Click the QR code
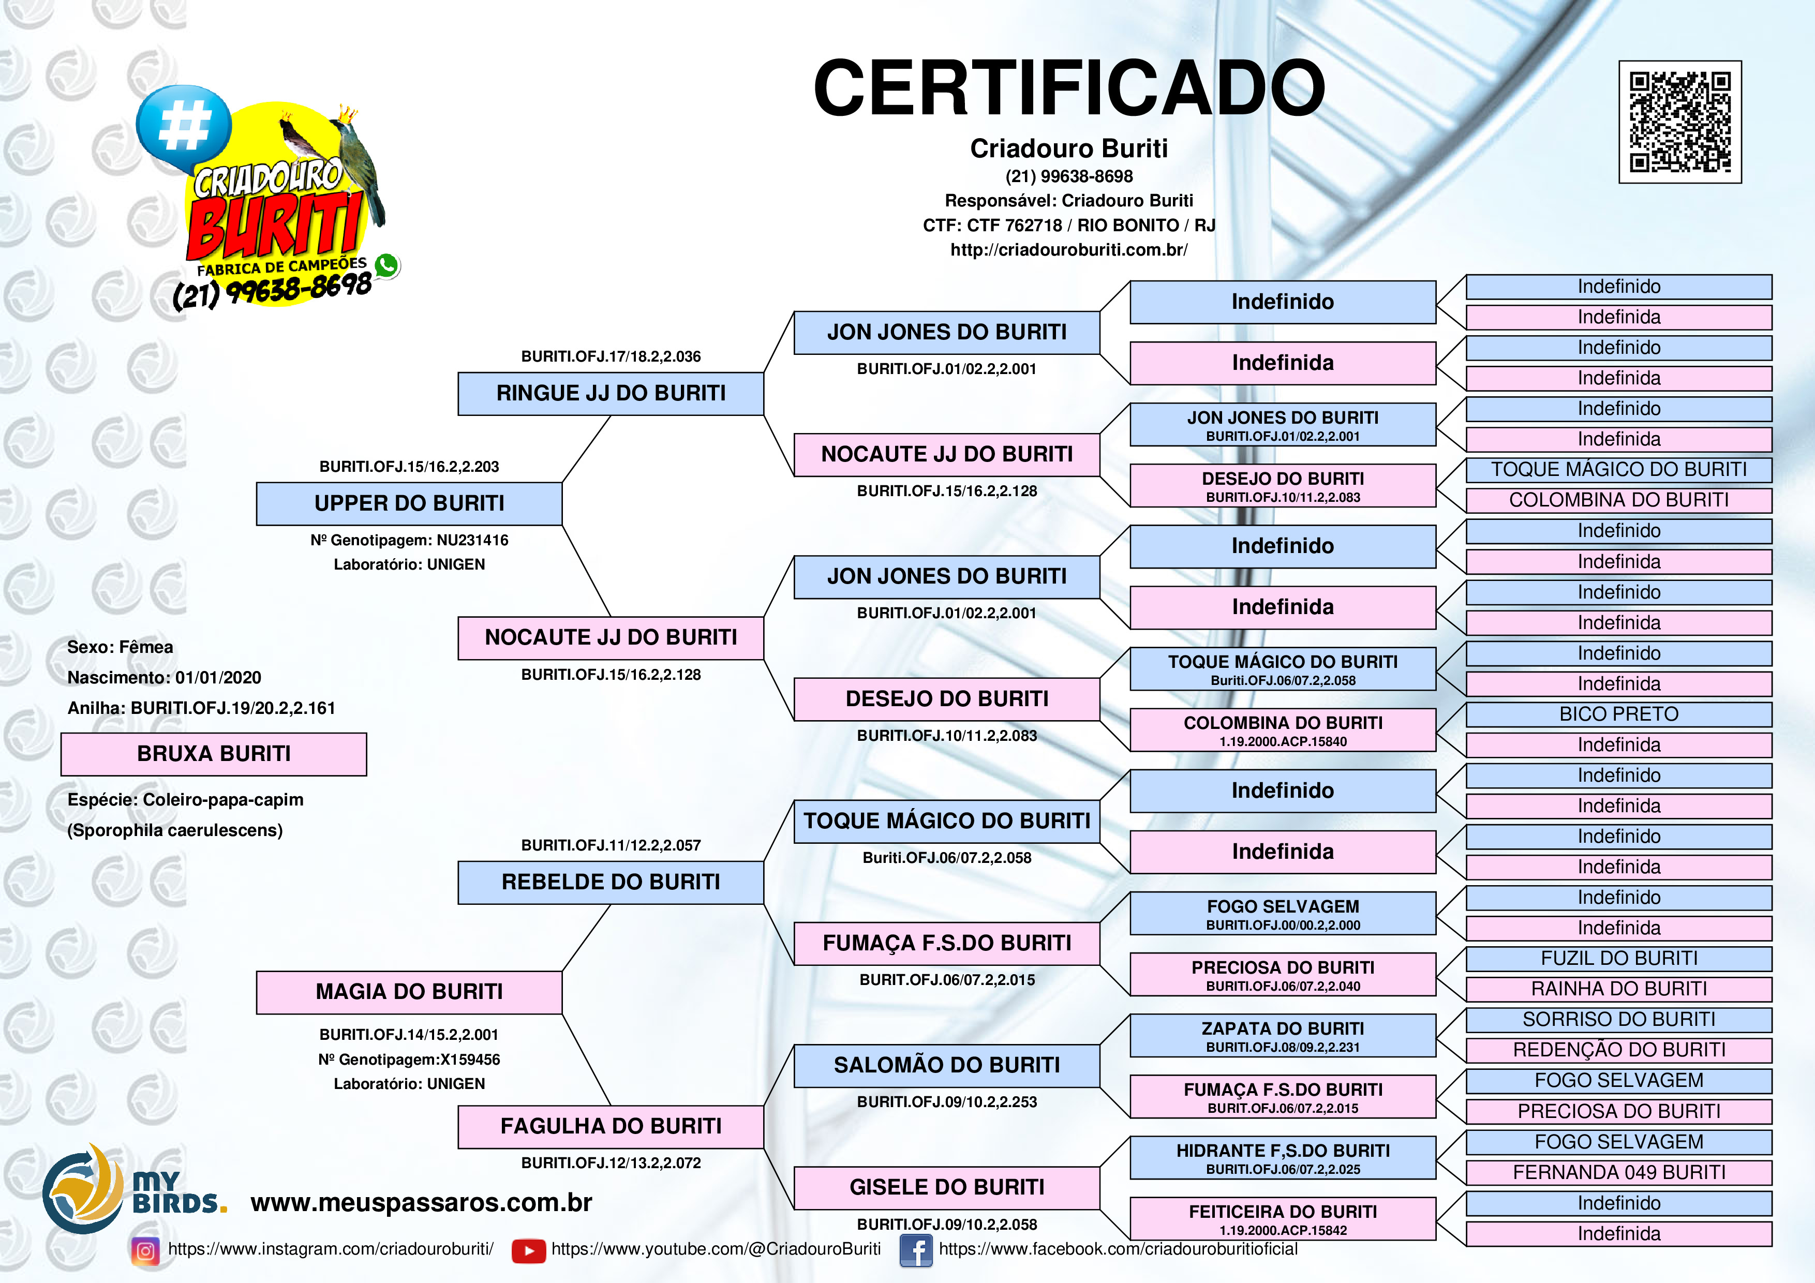point(1680,122)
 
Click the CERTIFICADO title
point(1069,88)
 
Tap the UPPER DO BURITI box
point(409,503)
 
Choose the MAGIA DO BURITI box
point(409,992)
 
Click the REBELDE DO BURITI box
point(611,882)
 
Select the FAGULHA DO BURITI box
point(611,1126)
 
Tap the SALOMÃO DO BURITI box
point(946,1066)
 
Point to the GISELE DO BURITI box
point(946,1187)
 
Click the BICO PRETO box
point(1618,714)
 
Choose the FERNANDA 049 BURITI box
point(1618,1172)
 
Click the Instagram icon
point(145,1250)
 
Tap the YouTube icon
point(528,1250)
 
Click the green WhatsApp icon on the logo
point(386,265)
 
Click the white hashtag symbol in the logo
point(184,126)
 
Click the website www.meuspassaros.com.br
point(421,1202)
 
